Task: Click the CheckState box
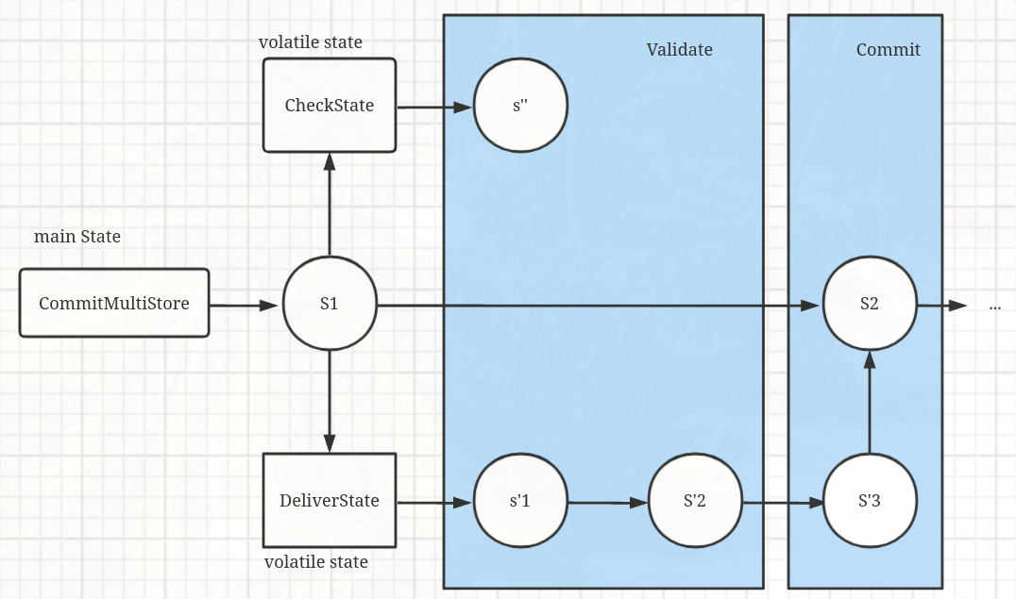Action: pyautogui.click(x=330, y=105)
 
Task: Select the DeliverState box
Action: pyautogui.click(x=330, y=500)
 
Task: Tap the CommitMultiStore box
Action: pyautogui.click(x=114, y=304)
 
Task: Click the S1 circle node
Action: pyautogui.click(x=330, y=305)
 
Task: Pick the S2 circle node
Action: pyautogui.click(x=870, y=305)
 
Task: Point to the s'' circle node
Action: pyautogui.click(x=519, y=106)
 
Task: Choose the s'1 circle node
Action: pyautogui.click(x=519, y=501)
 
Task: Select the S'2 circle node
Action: pyautogui.click(x=695, y=501)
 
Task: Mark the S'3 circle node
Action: pyautogui.click(x=870, y=501)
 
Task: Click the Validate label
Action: pyautogui.click(x=679, y=50)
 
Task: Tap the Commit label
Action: pyautogui.click(x=888, y=50)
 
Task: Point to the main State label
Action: pyautogui.click(x=77, y=237)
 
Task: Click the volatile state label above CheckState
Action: pyautogui.click(x=311, y=42)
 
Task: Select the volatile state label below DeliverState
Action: pyautogui.click(x=316, y=562)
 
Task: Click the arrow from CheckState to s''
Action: pyautogui.click(x=434, y=108)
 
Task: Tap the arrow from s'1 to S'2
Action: pyautogui.click(x=607, y=502)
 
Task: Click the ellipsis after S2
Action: pyautogui.click(x=994, y=307)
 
